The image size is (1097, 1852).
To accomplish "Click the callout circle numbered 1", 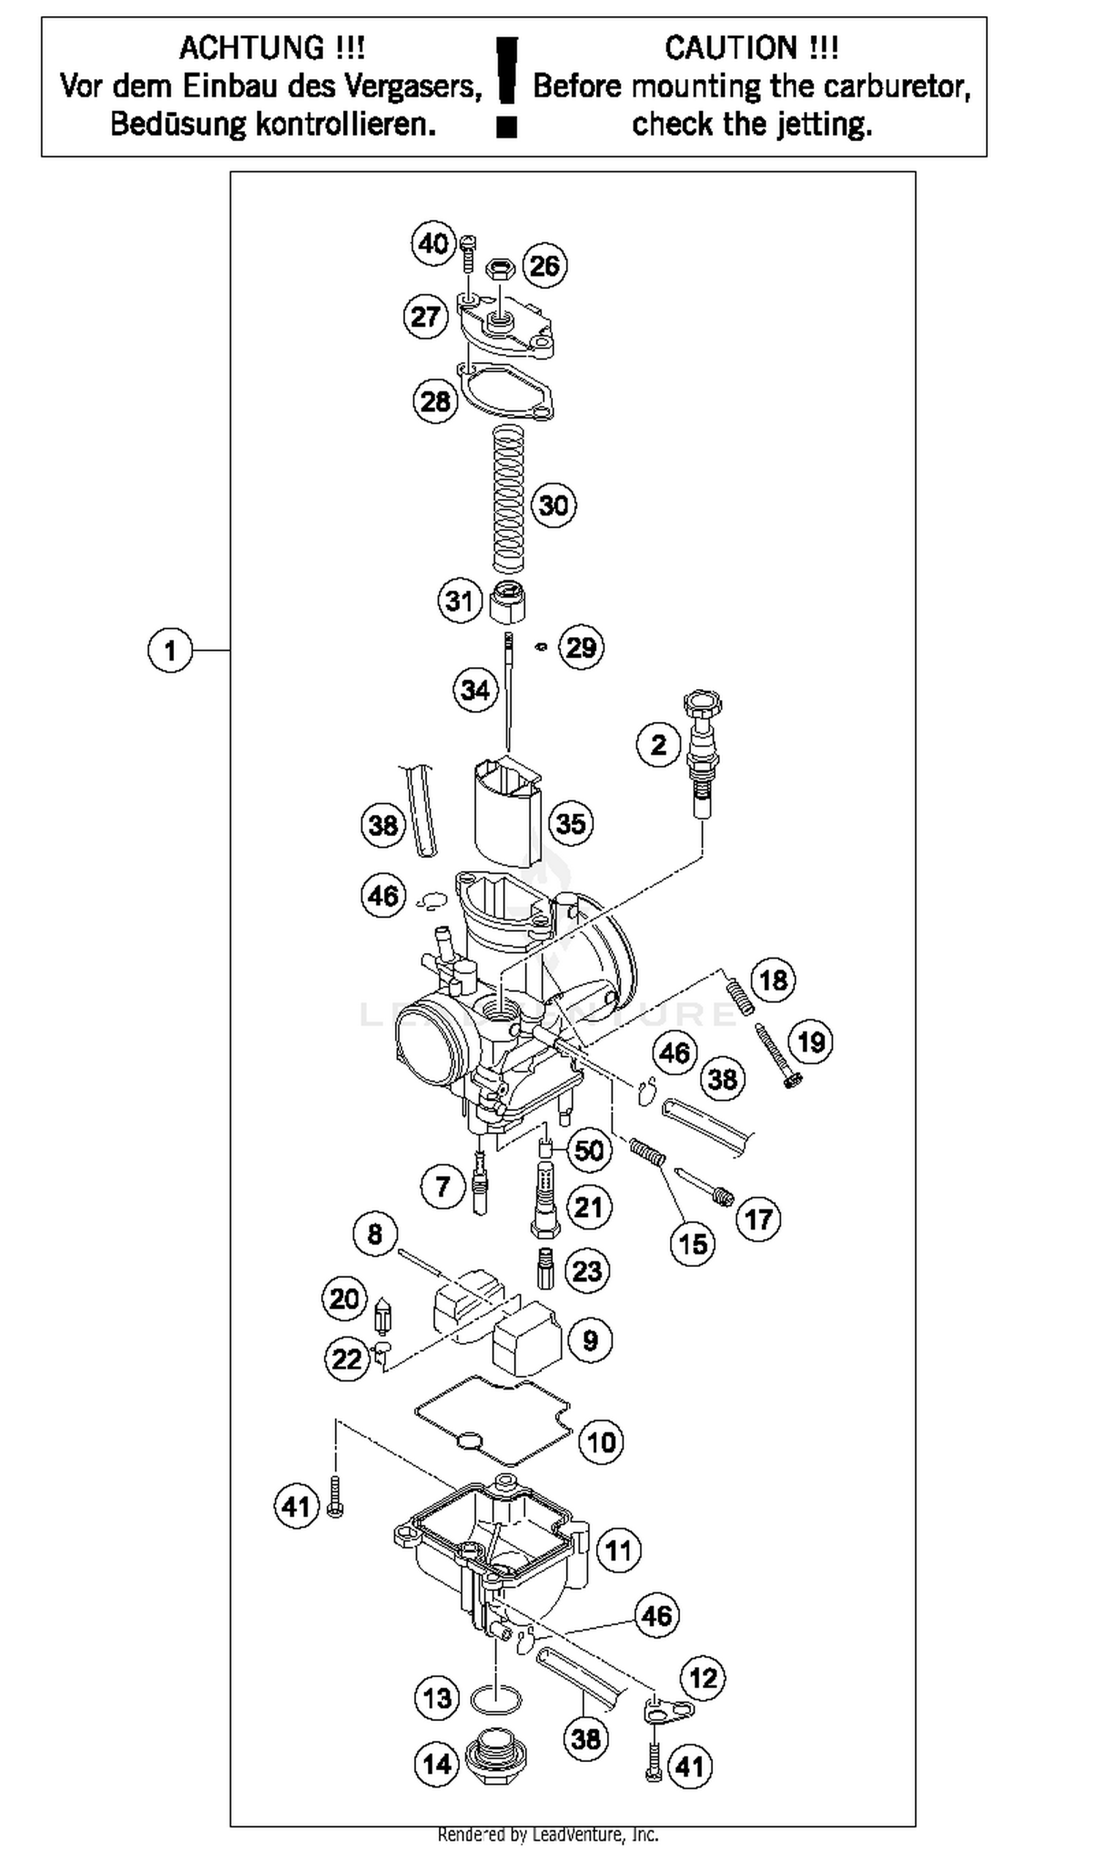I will click(x=170, y=650).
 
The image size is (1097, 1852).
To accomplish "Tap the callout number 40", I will click(x=433, y=244).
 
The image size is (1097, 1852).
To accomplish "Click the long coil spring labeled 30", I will click(x=508, y=500).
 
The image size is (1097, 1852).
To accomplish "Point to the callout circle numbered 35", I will click(x=570, y=824).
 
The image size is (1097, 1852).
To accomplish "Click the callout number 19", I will click(x=811, y=1042).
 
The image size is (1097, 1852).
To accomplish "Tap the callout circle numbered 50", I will click(x=589, y=1151).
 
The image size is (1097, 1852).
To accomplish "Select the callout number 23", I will click(x=588, y=1271).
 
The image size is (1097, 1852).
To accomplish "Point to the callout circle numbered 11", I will click(x=618, y=1550).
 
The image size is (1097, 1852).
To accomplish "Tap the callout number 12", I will click(x=703, y=1678).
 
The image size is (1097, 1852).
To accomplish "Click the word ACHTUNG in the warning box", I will click(x=252, y=48).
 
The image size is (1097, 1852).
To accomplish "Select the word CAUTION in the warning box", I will click(x=731, y=48).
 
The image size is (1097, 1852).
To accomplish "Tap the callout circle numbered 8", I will click(x=374, y=1234).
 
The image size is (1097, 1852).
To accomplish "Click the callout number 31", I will click(x=459, y=601).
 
